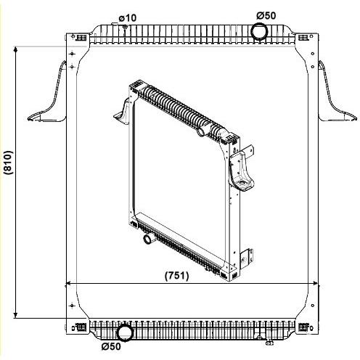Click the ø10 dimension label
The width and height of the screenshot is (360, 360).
[128, 18]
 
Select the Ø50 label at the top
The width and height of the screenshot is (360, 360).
[266, 16]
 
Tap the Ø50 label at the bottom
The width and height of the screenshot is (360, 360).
[111, 346]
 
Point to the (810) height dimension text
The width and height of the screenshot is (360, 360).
[8, 163]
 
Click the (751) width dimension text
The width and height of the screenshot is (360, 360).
[177, 276]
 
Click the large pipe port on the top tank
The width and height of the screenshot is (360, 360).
[259, 31]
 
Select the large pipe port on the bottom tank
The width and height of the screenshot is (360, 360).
[125, 333]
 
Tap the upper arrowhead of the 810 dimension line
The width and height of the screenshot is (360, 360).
[16, 49]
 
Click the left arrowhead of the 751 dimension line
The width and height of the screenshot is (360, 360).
[70, 283]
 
